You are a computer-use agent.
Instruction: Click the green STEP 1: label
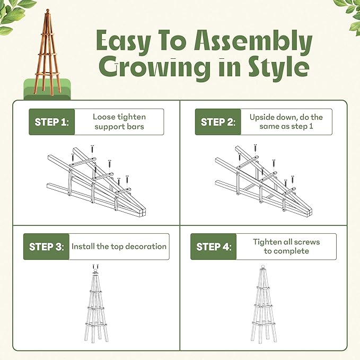tap(51, 122)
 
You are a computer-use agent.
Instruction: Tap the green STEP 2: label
tap(217, 122)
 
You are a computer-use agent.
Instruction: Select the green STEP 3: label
tap(46, 247)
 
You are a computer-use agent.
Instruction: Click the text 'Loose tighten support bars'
tap(119, 122)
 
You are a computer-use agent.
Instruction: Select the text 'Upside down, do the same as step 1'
tap(286, 122)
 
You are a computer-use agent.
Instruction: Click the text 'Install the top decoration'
tap(119, 247)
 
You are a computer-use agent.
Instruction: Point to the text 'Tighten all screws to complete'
tap(286, 247)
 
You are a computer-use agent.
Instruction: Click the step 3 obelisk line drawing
tap(95, 308)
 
